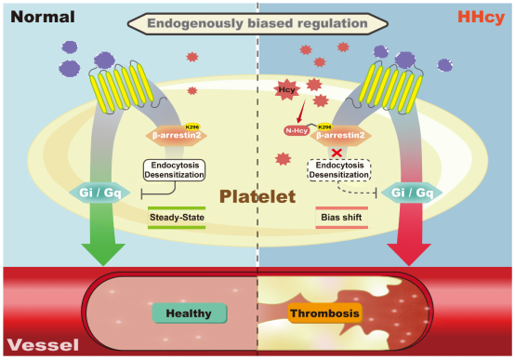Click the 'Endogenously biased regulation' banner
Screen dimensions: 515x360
tap(257, 23)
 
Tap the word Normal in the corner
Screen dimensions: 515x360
tap(43, 17)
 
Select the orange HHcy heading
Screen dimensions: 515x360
tap(481, 17)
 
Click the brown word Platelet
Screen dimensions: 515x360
tap(257, 196)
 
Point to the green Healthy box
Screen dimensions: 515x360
tap(190, 313)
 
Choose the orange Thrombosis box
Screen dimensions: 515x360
tap(324, 313)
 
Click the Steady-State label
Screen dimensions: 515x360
tap(177, 218)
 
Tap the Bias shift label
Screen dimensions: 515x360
tap(341, 218)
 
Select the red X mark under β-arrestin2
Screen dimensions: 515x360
tap(337, 153)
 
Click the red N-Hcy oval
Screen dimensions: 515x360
tap(297, 130)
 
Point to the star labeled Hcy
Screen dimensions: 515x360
tap(286, 89)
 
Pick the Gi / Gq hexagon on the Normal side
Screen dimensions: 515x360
tap(99, 193)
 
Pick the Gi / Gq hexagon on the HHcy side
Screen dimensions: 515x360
tap(412, 193)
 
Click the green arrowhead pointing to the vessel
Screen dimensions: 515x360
tap(103, 254)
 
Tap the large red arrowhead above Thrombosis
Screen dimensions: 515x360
tap(409, 254)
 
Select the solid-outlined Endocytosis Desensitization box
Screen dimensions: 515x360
tap(174, 170)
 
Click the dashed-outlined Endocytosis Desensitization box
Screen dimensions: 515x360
tap(339, 170)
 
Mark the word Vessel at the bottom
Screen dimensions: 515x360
tap(43, 345)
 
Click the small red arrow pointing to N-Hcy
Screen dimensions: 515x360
tap(300, 111)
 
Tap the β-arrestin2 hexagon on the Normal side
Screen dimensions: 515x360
tap(177, 135)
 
